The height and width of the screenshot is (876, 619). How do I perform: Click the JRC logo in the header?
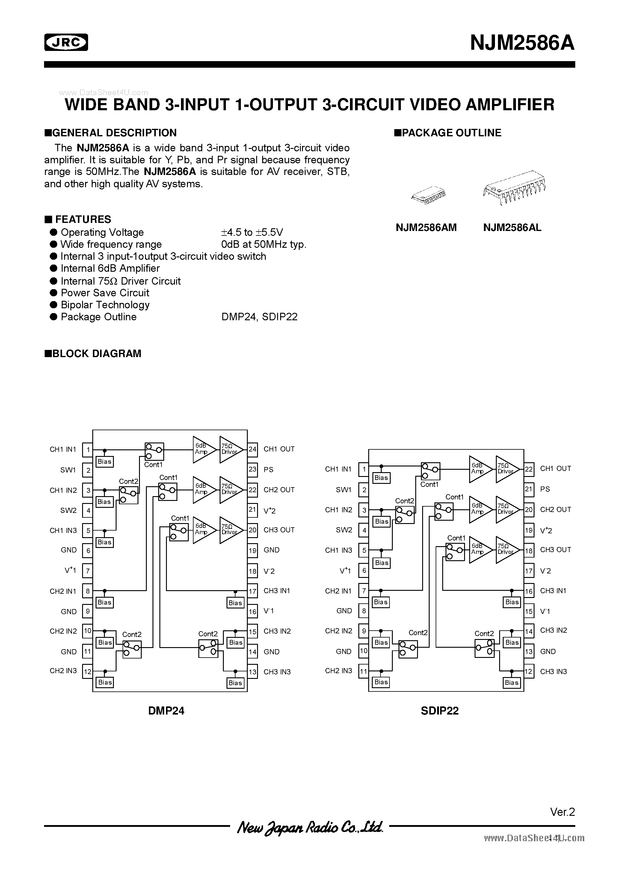(66, 42)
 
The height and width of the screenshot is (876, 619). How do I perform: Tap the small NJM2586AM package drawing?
(428, 195)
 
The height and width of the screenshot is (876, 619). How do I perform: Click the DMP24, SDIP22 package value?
(259, 317)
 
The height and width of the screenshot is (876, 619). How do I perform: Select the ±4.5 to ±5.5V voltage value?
(252, 232)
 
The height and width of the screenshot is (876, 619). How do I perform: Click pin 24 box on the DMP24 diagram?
(252, 449)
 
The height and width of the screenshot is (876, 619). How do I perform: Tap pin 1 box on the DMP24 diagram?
(88, 449)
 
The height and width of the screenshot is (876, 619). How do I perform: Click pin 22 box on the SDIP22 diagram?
(529, 469)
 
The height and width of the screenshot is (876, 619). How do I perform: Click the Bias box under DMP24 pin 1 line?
(104, 462)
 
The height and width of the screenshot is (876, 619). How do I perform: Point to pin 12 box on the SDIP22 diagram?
(529, 671)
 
